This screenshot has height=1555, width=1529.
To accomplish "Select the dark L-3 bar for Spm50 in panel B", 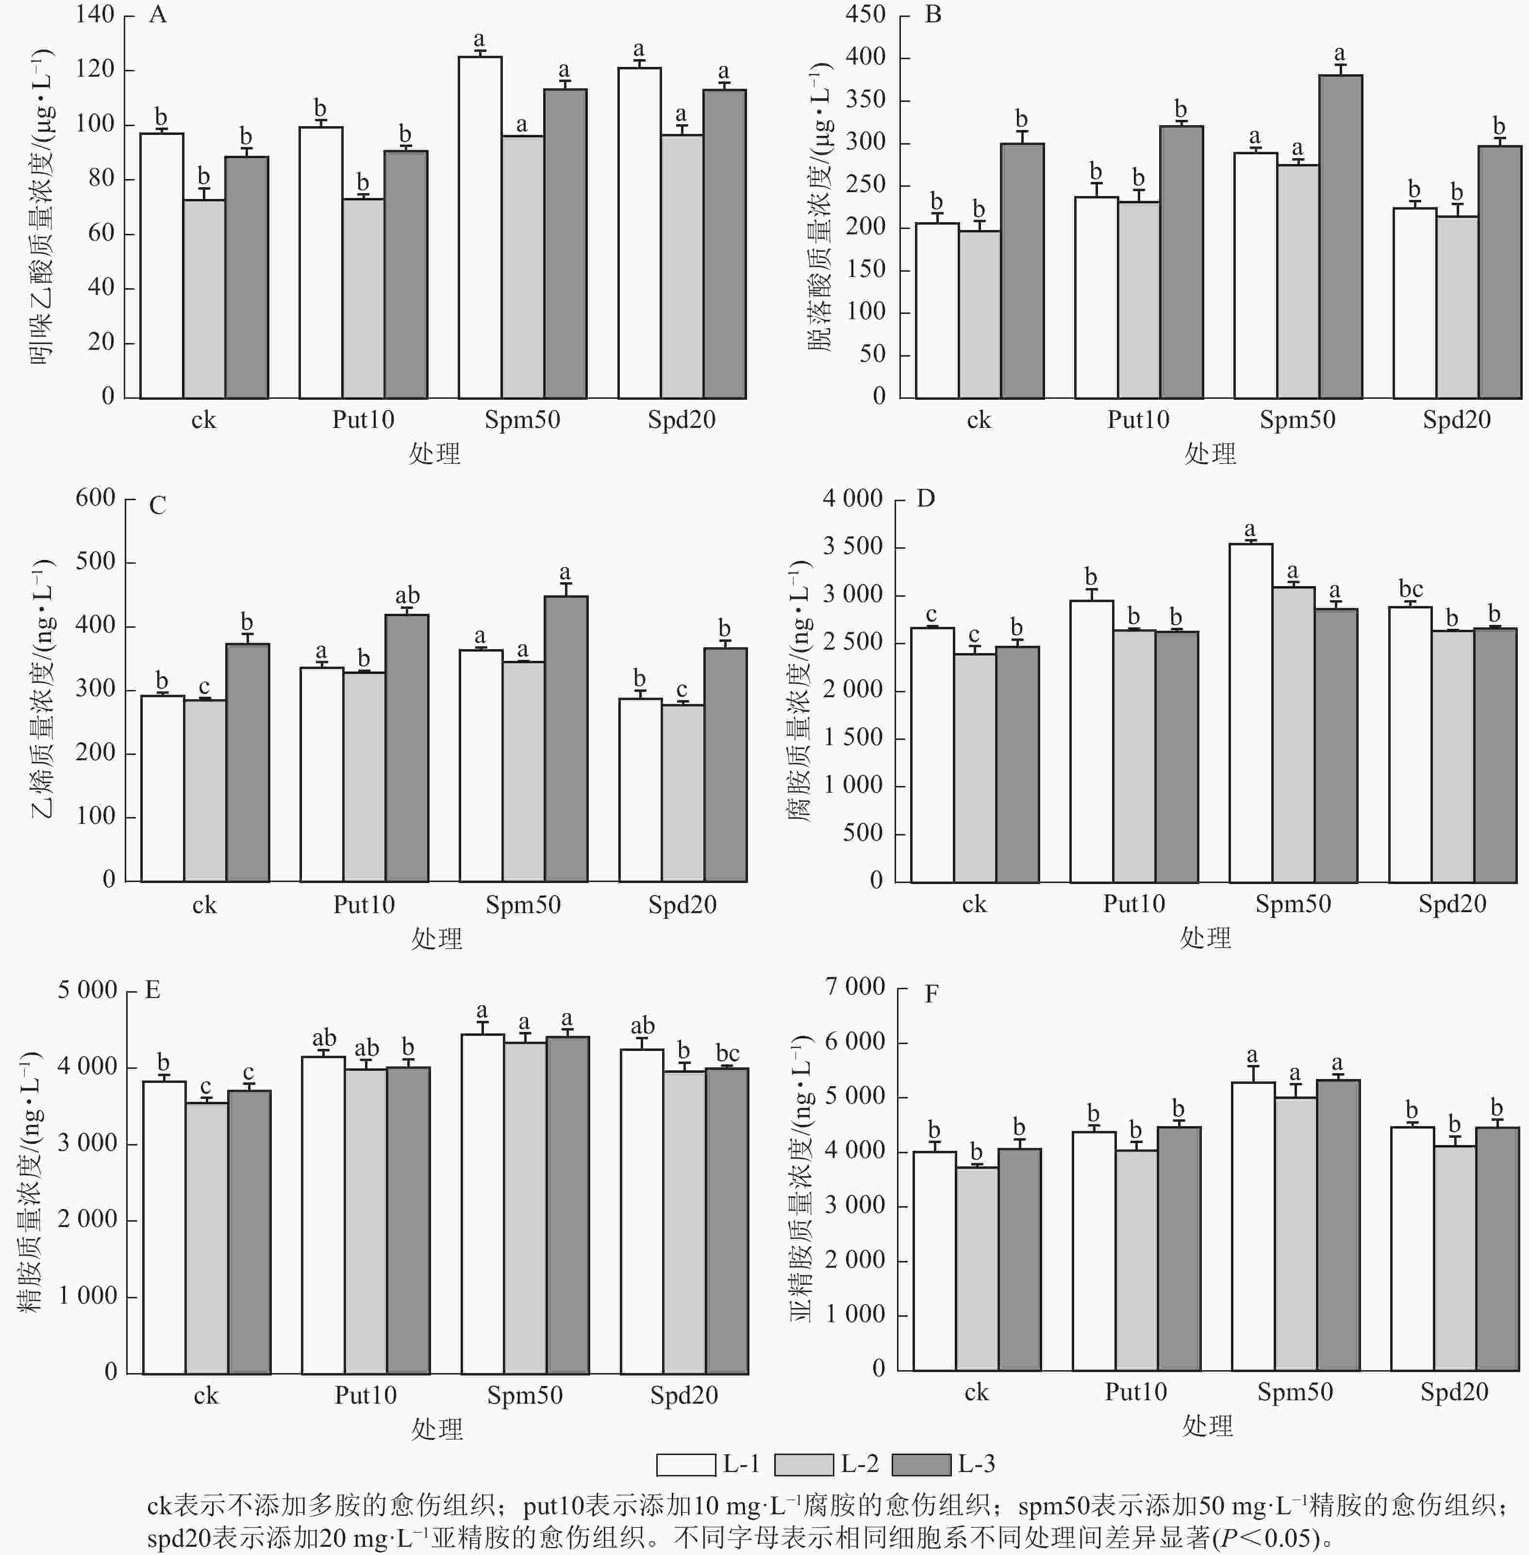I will [1340, 237].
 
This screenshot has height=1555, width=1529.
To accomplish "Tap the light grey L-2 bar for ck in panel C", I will [205, 791].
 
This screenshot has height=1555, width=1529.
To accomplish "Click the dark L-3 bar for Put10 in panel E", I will [408, 1220].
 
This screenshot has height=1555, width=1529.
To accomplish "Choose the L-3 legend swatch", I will [921, 1464].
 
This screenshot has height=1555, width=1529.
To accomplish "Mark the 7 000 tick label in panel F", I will [855, 987].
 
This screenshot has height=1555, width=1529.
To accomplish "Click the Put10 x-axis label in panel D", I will [1133, 904].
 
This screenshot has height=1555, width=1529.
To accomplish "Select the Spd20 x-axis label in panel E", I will [683, 1395].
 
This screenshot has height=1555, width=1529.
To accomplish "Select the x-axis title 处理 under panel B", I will [1210, 454].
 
